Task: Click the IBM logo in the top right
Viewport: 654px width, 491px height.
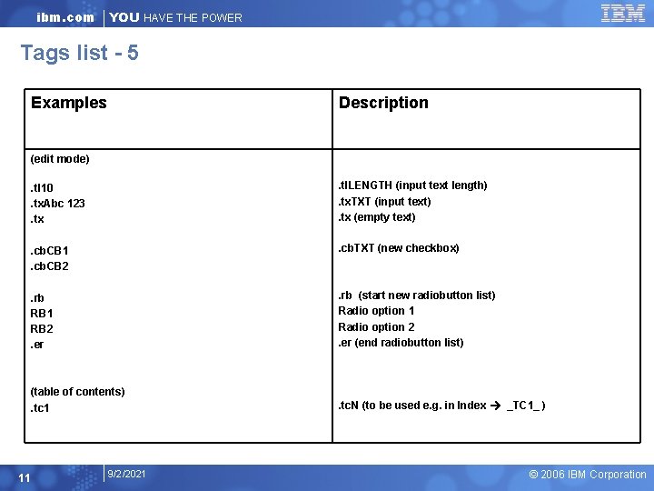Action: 622,13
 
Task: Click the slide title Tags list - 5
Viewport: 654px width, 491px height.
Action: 80,53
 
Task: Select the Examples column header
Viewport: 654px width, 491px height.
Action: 69,103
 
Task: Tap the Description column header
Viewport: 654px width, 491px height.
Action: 383,103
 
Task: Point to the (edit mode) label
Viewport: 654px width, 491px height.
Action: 60,159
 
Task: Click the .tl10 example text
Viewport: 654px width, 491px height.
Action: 42,187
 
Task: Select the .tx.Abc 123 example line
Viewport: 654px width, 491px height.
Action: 58,203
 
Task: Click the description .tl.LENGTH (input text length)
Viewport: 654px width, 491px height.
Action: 412,185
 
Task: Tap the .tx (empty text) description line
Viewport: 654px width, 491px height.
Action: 377,216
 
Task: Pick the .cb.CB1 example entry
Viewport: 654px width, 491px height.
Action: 50,250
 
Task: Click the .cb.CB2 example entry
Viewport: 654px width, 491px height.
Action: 50,266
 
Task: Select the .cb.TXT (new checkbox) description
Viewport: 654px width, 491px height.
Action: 399,248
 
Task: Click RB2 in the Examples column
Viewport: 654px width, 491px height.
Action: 43,328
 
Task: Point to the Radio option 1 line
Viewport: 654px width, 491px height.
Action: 376,311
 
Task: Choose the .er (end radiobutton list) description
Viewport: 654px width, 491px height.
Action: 401,342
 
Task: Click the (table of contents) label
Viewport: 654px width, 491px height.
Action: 77,392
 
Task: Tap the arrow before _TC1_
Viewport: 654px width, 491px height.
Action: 496,406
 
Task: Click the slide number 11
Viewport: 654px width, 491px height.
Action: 25,478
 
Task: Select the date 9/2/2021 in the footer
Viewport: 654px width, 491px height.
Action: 126,474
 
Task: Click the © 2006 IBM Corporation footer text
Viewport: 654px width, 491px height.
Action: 588,475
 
